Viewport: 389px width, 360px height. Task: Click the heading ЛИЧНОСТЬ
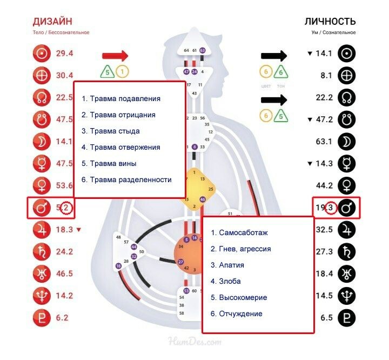[330, 22]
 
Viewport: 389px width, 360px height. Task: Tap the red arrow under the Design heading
[115, 55]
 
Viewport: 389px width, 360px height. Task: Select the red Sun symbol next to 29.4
[42, 54]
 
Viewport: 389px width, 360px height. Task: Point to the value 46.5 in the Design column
[64, 274]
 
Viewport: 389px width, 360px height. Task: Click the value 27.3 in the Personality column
[323, 252]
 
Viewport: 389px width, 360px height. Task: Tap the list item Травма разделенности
[126, 179]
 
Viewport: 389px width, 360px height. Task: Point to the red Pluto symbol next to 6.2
[42, 318]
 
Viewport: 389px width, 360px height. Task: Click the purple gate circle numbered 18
[118, 266]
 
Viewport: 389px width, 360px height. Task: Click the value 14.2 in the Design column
[64, 296]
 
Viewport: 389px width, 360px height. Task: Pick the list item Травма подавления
[121, 99]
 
